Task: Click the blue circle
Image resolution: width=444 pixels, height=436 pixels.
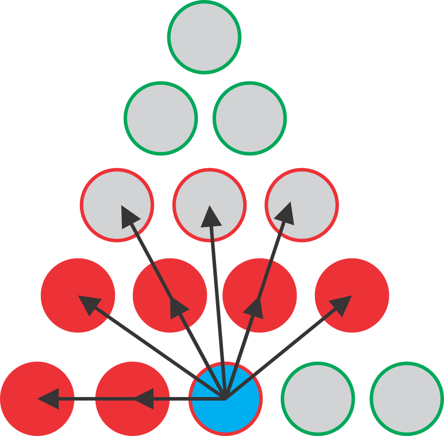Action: click(225, 399)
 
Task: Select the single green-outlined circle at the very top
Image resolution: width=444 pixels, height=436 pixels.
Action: click(204, 37)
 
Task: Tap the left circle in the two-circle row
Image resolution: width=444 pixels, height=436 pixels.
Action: click(161, 118)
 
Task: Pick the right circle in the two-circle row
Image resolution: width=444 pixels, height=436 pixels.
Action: click(250, 118)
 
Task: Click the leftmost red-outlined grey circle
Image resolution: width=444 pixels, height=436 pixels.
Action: click(117, 205)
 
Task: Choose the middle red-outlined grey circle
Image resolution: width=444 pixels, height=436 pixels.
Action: click(209, 205)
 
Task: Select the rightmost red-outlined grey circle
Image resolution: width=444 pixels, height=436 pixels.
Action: click(302, 205)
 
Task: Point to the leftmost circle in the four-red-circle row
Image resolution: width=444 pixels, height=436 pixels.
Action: click(78, 295)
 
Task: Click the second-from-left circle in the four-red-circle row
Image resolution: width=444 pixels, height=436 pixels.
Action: click(170, 295)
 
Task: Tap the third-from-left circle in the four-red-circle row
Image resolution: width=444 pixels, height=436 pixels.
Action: click(259, 295)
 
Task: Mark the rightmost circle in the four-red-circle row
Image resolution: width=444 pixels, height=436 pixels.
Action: click(352, 295)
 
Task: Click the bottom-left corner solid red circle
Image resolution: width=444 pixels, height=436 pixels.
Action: click(37, 399)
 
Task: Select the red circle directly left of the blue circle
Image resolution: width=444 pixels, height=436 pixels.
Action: click(132, 399)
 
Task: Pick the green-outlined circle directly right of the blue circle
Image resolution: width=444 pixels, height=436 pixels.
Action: click(318, 399)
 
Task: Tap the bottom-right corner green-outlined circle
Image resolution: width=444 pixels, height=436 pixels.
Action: click(407, 399)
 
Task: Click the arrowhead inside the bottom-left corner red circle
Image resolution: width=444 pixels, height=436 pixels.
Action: click(49, 399)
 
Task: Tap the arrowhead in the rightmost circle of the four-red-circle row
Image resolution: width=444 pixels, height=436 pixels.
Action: click(342, 303)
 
